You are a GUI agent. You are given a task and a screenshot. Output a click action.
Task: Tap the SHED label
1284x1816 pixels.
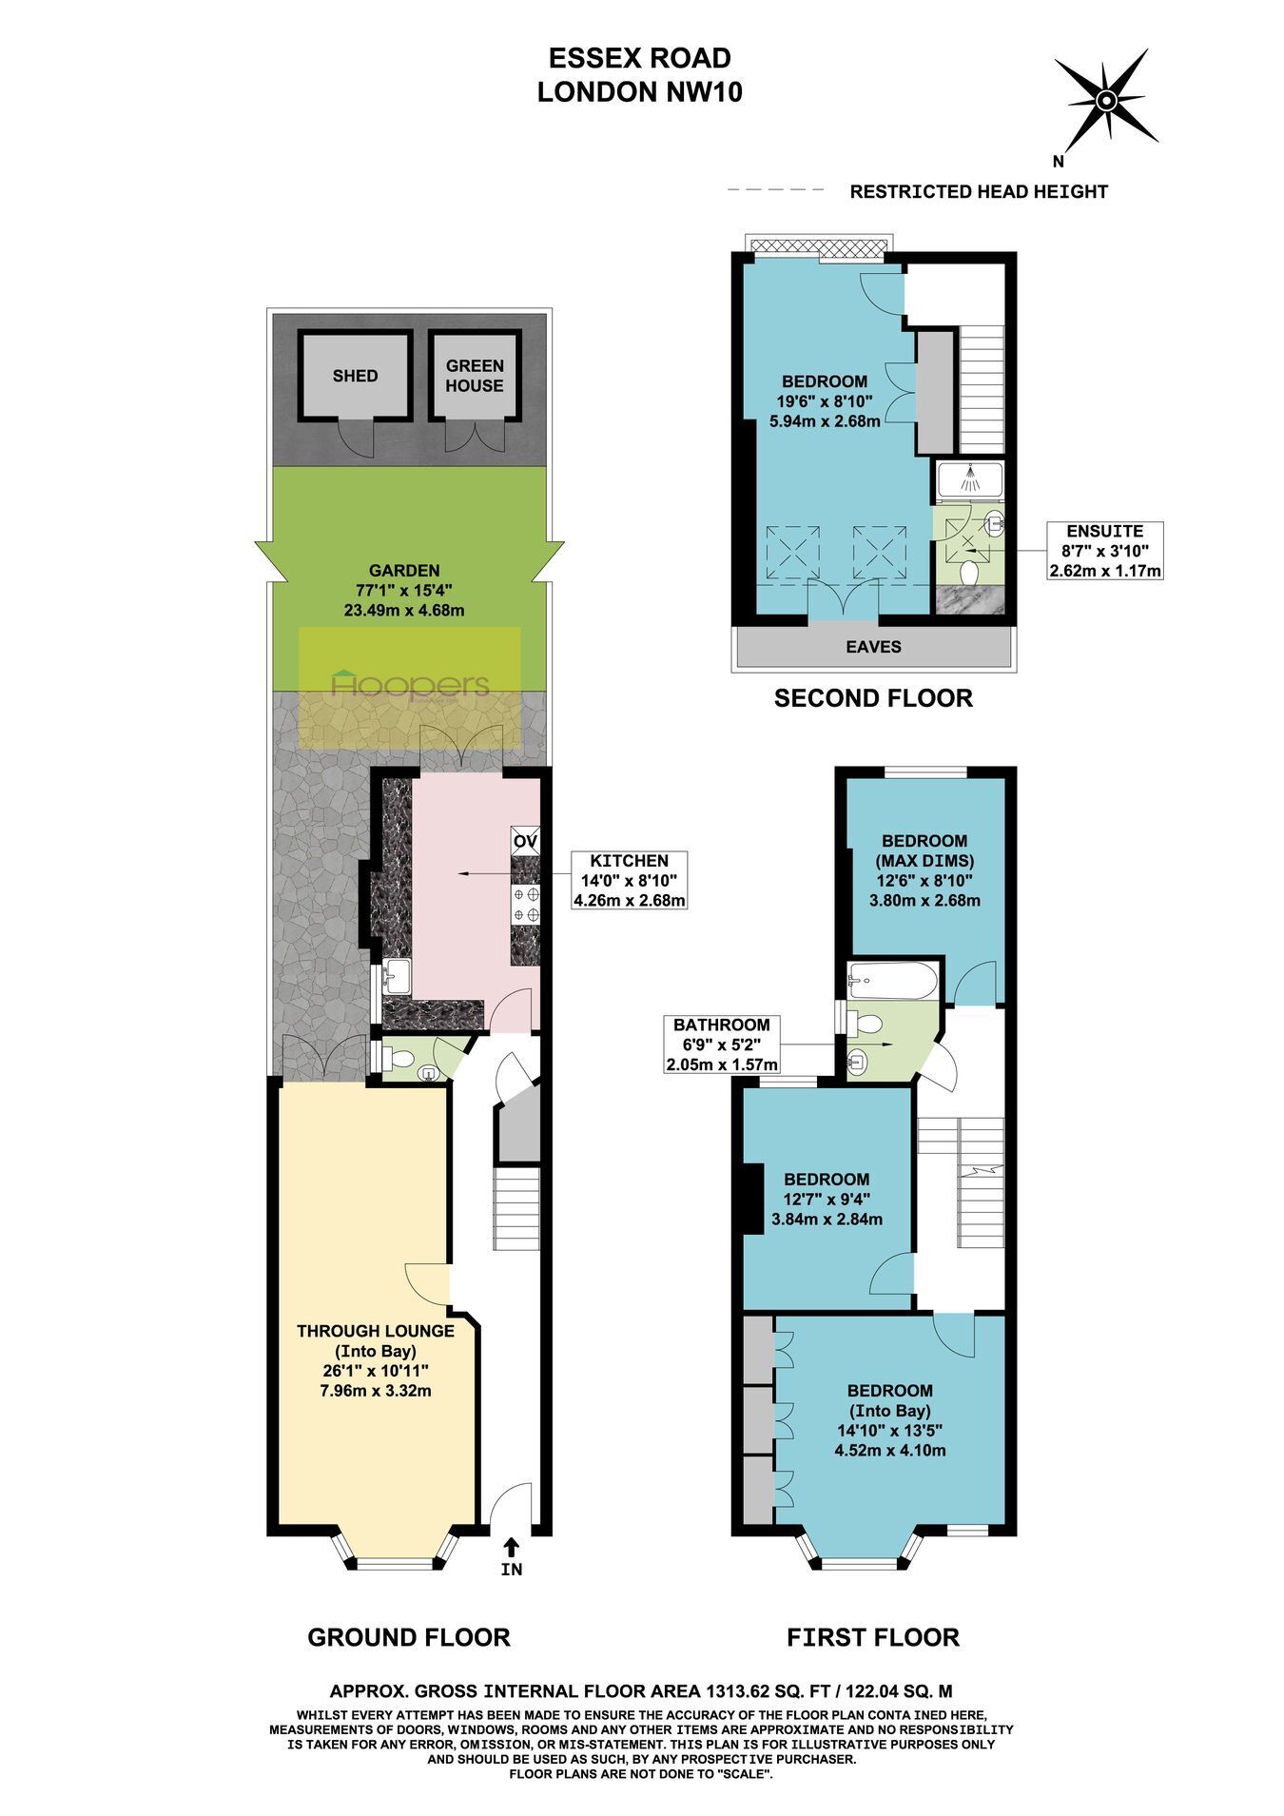355,376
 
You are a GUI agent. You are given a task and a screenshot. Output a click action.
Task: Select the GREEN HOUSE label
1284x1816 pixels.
475,376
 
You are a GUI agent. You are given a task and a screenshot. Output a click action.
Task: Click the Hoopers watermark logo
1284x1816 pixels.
410,685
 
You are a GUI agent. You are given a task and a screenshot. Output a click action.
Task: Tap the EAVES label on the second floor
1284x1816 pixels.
874,647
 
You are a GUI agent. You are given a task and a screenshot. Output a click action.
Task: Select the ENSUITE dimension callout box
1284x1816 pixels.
1105,551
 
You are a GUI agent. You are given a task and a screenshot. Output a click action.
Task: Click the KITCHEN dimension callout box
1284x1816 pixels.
629,880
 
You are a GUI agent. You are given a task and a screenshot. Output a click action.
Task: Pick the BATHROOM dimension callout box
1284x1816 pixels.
722,1045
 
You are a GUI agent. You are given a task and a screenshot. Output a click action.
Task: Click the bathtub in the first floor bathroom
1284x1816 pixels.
891,980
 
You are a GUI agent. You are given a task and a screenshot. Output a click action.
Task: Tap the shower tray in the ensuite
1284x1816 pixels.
969,481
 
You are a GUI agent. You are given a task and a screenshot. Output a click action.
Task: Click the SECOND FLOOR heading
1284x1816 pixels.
873,698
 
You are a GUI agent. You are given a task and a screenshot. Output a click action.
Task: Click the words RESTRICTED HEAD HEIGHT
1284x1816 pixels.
979,192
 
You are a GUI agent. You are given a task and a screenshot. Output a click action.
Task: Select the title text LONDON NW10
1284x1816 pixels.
640,92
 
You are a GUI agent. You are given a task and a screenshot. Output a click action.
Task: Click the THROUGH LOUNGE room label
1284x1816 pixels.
376,1331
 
